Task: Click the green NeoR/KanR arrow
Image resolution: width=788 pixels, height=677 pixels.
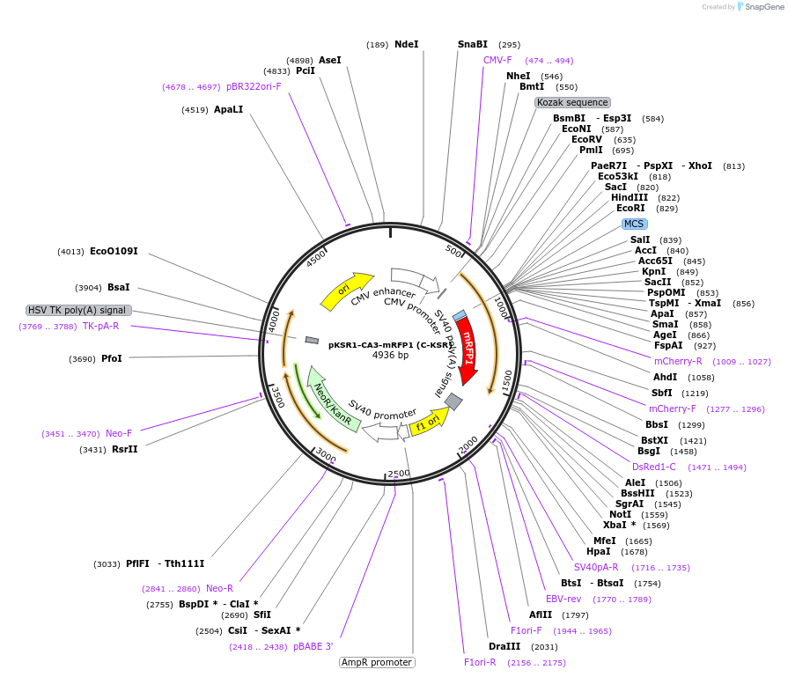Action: pyautogui.click(x=331, y=401)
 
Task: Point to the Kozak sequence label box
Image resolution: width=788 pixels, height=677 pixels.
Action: pyautogui.click(x=572, y=102)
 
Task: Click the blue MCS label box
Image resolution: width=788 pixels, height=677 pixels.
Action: pyautogui.click(x=634, y=224)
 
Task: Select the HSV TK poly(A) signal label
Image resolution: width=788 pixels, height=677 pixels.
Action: pyautogui.click(x=78, y=310)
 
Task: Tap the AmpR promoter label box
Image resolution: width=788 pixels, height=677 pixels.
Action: pyautogui.click(x=377, y=662)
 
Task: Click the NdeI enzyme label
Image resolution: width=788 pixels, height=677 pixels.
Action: pyautogui.click(x=407, y=44)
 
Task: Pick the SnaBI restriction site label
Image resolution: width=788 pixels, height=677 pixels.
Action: pyautogui.click(x=473, y=44)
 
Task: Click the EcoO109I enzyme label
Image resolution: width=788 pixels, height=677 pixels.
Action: pyautogui.click(x=114, y=251)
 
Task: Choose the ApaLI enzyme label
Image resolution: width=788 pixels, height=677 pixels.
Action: pyautogui.click(x=228, y=109)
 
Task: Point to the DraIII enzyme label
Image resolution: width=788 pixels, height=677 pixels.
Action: pyautogui.click(x=504, y=646)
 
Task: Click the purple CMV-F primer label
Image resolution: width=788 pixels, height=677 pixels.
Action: pyautogui.click(x=497, y=60)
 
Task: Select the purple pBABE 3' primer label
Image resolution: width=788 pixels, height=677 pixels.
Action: pyautogui.click(x=313, y=646)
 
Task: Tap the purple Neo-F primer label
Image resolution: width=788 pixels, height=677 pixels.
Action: pyautogui.click(x=119, y=433)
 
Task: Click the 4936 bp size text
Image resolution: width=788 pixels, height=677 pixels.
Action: pyautogui.click(x=390, y=356)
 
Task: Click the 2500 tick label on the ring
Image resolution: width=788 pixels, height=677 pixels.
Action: pyautogui.click(x=399, y=474)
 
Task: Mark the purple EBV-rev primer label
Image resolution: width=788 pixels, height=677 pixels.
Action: pyautogui.click(x=563, y=599)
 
